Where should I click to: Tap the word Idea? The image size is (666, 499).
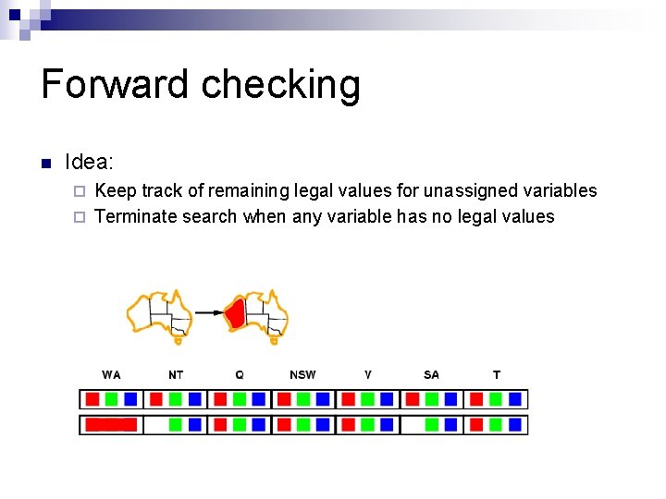pos(89,163)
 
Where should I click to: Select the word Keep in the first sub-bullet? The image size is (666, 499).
pos(116,190)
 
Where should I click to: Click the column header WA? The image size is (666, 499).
pos(111,374)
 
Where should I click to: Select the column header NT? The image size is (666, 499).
pos(176,374)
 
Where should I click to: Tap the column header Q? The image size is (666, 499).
pos(240,374)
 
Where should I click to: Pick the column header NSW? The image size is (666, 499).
pos(302,374)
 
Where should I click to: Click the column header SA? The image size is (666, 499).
pos(431,374)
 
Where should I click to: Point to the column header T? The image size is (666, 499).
pos(497,374)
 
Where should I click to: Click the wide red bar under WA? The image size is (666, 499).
pos(111,425)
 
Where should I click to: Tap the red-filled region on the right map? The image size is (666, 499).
pos(236,312)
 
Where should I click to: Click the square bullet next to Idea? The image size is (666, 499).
pos(44,164)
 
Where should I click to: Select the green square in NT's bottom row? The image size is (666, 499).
pos(175,425)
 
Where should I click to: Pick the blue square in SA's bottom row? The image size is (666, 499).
pos(450,425)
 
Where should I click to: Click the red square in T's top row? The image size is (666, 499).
pos(476,399)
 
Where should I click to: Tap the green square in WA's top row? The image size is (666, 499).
pos(111,399)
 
